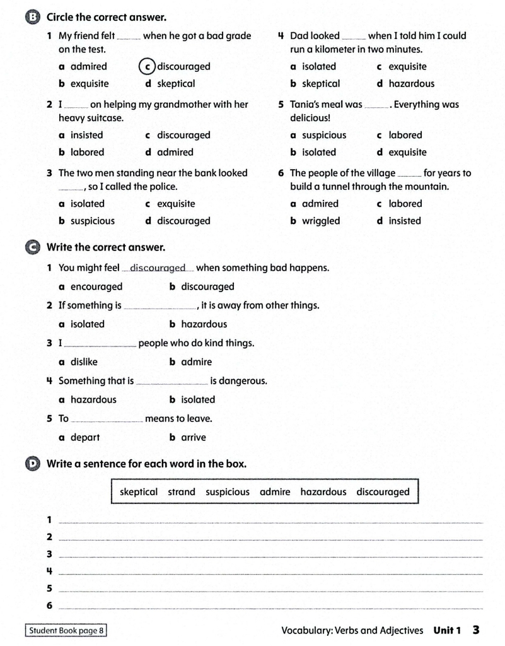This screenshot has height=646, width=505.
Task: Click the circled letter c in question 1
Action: point(147,67)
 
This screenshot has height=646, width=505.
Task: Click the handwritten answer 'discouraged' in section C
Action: point(158,268)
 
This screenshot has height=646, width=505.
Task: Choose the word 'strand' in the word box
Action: point(182,492)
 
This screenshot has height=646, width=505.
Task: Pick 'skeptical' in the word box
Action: point(139,492)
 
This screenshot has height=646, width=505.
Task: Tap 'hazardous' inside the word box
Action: point(323,492)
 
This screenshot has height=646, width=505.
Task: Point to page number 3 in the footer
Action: point(476,630)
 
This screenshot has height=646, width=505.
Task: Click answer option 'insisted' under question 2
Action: point(87,135)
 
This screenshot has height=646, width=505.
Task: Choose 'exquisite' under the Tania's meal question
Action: point(407,152)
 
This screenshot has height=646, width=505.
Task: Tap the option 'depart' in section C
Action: point(85,437)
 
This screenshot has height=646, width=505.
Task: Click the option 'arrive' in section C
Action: point(194,437)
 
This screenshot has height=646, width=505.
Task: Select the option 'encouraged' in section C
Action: point(96,286)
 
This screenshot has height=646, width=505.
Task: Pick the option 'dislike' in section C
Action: point(84,362)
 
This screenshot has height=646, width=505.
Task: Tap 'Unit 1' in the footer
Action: point(448,630)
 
